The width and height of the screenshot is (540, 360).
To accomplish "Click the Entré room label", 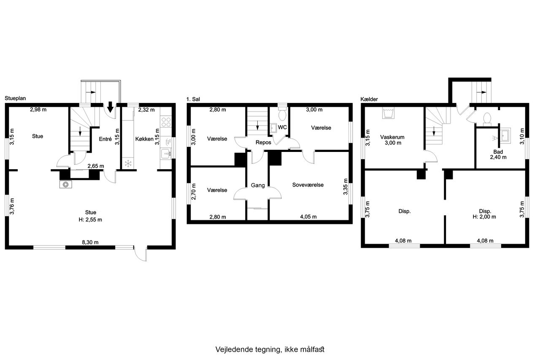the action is [105, 139].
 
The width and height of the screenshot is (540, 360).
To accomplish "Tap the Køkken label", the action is [144, 139].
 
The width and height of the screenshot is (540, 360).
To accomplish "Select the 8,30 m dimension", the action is [90, 242].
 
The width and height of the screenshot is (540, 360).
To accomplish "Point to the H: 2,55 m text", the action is [90, 219].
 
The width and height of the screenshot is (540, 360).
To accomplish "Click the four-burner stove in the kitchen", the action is [166, 122].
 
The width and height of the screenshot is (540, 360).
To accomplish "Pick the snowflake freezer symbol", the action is [128, 163].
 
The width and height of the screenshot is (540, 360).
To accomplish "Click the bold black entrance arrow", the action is [110, 107].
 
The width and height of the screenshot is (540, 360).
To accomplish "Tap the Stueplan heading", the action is [15, 98].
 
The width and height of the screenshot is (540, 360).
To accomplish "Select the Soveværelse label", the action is [308, 185].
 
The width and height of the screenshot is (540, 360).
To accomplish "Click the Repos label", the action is [263, 143].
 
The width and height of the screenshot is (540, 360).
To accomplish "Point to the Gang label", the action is [258, 185].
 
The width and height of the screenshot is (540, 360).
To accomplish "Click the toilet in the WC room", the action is [282, 114].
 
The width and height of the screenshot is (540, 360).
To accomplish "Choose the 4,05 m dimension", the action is [308, 217].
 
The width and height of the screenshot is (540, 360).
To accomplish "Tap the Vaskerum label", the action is [392, 137].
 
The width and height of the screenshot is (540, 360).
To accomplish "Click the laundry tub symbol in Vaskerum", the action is [388, 113].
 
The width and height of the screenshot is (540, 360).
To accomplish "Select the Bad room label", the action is [498, 152].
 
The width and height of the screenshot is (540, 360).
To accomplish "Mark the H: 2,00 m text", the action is [484, 217].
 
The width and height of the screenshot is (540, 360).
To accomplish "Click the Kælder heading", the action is [369, 99].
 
